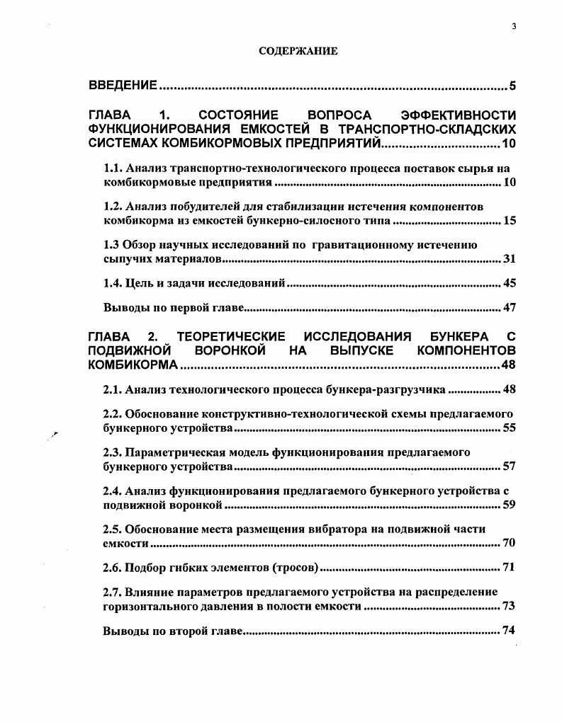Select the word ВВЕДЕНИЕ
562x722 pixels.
coord(123,86)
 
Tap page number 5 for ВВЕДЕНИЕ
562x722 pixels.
coord(512,86)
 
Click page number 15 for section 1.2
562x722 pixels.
coord(509,221)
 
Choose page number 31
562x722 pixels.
coord(509,259)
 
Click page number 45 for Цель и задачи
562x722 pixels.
coord(509,283)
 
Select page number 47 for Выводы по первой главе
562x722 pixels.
coord(509,308)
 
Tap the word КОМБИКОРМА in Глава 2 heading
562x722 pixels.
coord(133,365)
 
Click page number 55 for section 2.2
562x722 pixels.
coord(509,428)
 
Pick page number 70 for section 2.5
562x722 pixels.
coord(509,543)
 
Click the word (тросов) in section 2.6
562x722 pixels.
coord(296,568)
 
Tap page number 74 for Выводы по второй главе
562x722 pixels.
coord(509,631)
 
